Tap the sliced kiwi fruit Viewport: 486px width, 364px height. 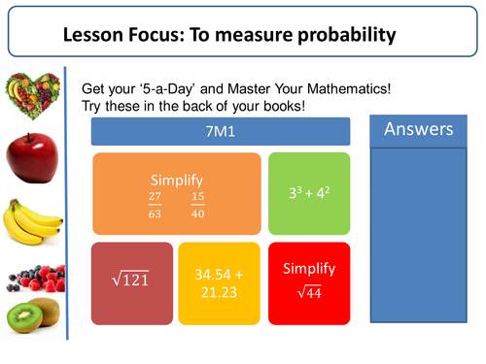point(31,316)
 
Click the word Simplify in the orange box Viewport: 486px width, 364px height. point(176,182)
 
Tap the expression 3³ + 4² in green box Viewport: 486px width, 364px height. point(308,192)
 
